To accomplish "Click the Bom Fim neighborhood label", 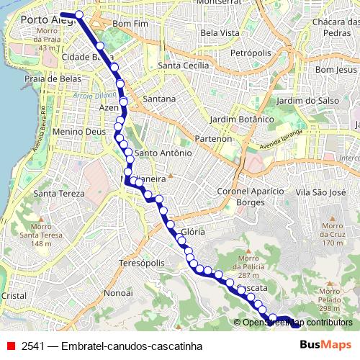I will [130, 24].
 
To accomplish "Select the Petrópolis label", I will [251, 53].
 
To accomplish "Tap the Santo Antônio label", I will [163, 153].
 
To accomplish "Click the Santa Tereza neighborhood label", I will [60, 193].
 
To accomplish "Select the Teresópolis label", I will [142, 264].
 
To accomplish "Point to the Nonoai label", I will [117, 293].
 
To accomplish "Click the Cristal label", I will [14, 295].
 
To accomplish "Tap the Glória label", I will [193, 232].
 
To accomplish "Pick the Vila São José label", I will [321, 192].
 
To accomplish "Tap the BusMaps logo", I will [325, 345].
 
